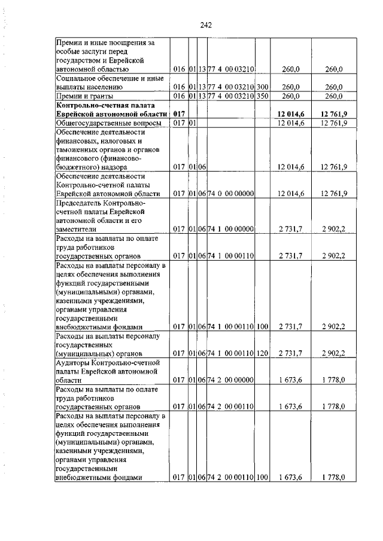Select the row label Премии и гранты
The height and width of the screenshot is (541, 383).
click(x=83, y=96)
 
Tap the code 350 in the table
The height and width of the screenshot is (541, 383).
click(x=262, y=96)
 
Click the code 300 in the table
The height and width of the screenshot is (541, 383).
click(x=262, y=87)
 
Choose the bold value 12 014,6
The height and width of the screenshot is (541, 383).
click(x=291, y=114)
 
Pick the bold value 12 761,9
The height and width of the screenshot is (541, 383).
click(x=334, y=114)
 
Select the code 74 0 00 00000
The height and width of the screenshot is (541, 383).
click(x=231, y=193)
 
